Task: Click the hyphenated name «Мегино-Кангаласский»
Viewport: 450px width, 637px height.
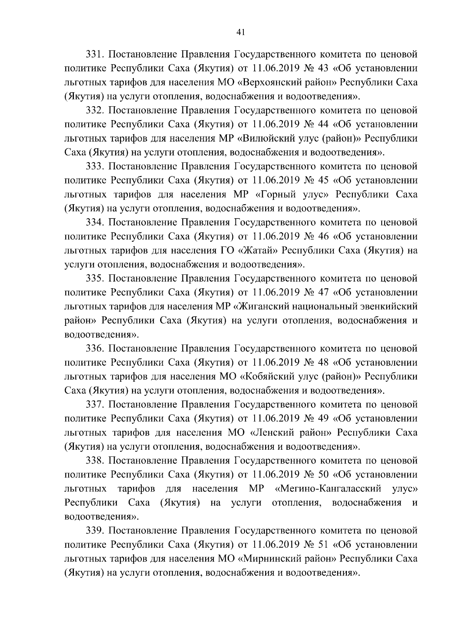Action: pos(328,489)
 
